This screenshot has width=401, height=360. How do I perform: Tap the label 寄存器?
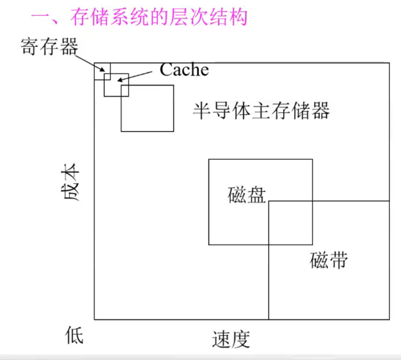pos(50,46)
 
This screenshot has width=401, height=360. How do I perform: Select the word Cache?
pos(185,70)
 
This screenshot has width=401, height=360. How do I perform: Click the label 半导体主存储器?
pos(261,111)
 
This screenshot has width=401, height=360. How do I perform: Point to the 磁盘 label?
pos(246,194)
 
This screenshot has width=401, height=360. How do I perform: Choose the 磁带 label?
pos(329,261)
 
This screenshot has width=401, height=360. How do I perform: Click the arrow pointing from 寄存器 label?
pos(90,63)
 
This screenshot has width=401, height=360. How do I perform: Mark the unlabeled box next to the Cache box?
pos(147,108)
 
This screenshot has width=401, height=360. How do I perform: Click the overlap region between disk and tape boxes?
pos(290,222)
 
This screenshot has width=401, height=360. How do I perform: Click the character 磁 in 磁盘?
pos(237,194)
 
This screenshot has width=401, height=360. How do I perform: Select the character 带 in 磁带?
pos(338,261)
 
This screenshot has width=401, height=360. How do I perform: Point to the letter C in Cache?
pos(166,70)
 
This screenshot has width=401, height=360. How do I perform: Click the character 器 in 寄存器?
pos(69,46)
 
